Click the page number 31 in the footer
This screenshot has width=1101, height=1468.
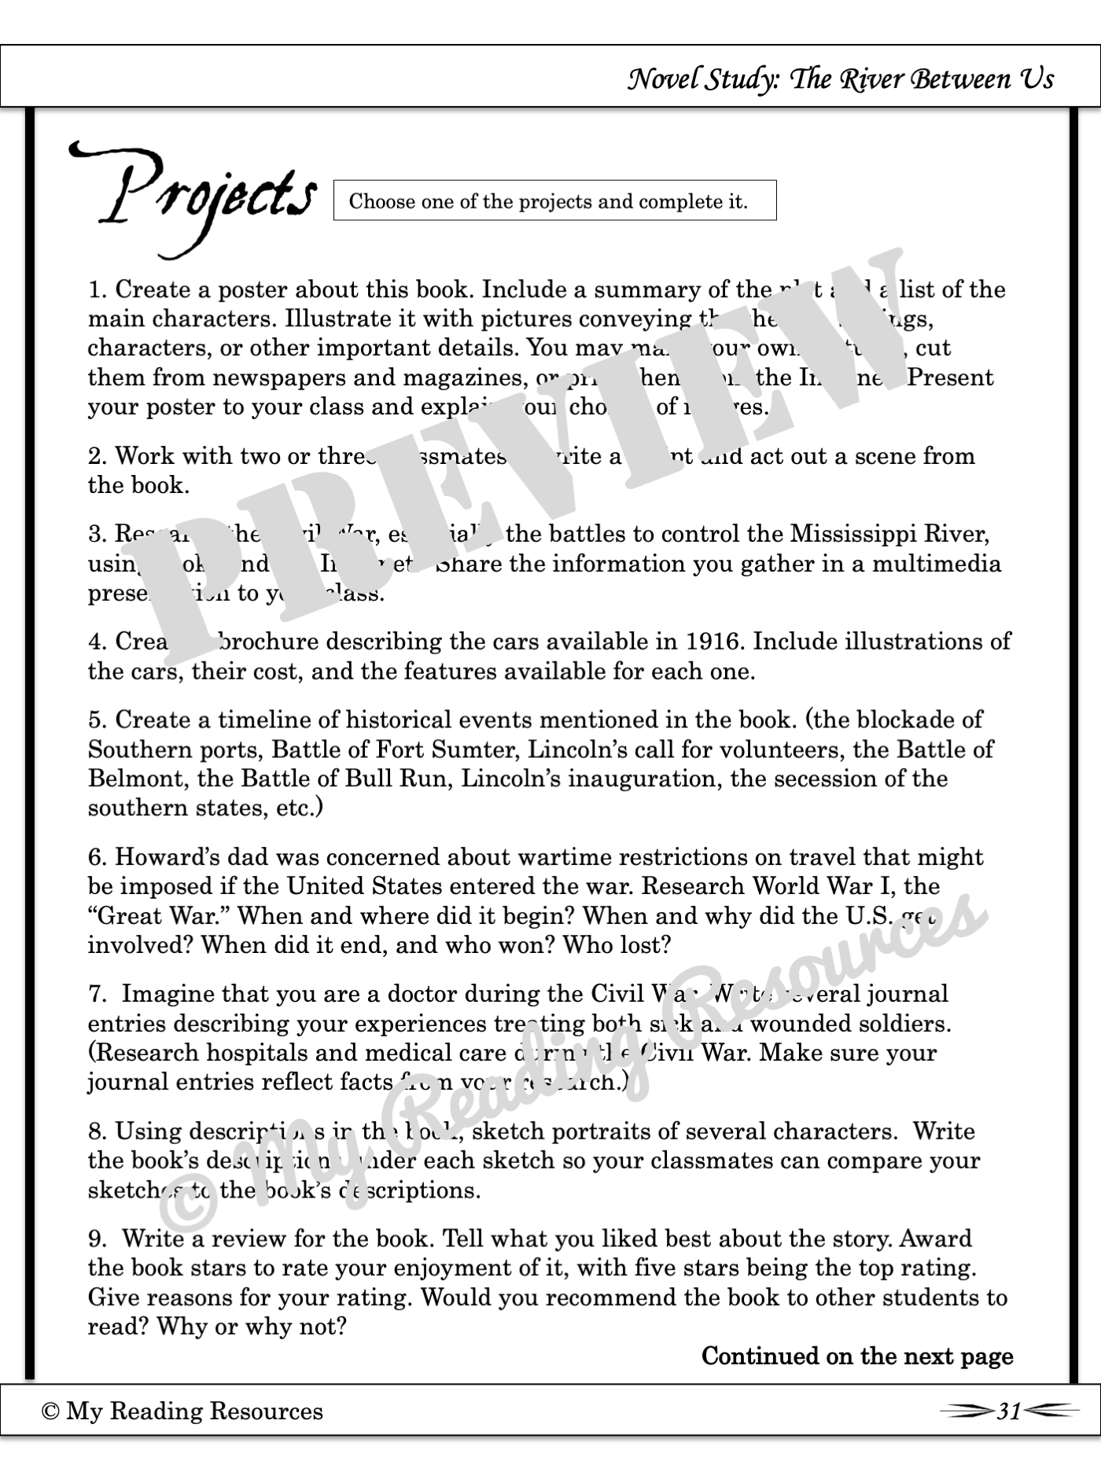(x=1009, y=1411)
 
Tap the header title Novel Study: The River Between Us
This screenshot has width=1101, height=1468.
(x=840, y=79)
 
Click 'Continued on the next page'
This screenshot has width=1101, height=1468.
(x=857, y=1356)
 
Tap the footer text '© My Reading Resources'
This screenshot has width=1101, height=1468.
(x=182, y=1411)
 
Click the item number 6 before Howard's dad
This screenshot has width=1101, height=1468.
(x=95, y=857)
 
